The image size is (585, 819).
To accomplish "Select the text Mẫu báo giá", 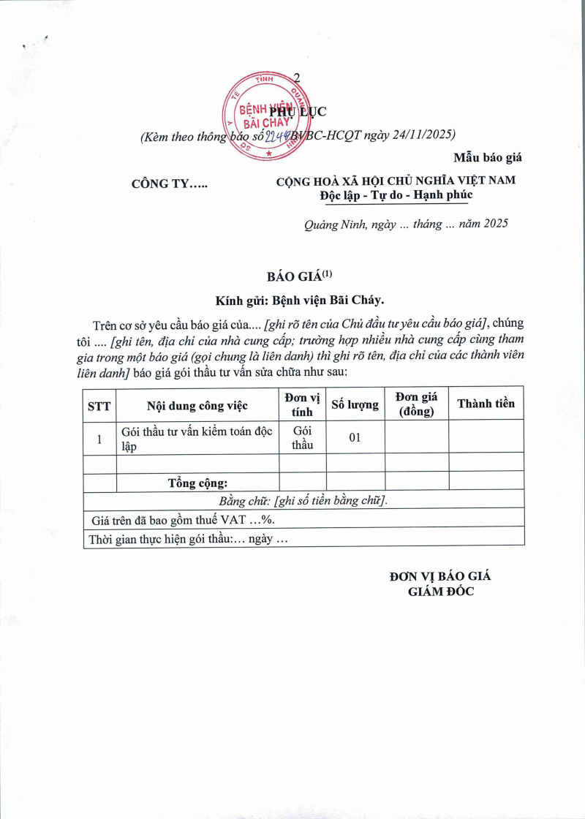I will pyautogui.click(x=488, y=157).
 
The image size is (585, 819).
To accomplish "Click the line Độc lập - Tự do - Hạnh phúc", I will pyautogui.click(x=396, y=195).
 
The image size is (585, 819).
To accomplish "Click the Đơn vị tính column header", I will pyautogui.click(x=302, y=404).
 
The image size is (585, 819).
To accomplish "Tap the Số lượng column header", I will pyautogui.click(x=355, y=404).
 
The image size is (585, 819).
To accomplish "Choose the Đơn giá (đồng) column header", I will pyautogui.click(x=416, y=404).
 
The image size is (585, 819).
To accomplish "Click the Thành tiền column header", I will pyautogui.click(x=486, y=404).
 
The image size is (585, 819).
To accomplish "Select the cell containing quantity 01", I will pyautogui.click(x=355, y=438).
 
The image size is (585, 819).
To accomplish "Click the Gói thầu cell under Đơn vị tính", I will pyautogui.click(x=302, y=437).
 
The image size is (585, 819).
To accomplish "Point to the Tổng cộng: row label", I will pyautogui.click(x=197, y=483).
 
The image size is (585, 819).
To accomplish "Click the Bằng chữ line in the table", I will pyautogui.click(x=303, y=500).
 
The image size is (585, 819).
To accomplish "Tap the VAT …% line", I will pyautogui.click(x=188, y=519).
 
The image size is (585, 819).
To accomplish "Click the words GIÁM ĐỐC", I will pyautogui.click(x=441, y=592).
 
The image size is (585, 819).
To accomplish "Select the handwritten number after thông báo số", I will pyautogui.click(x=276, y=135).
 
